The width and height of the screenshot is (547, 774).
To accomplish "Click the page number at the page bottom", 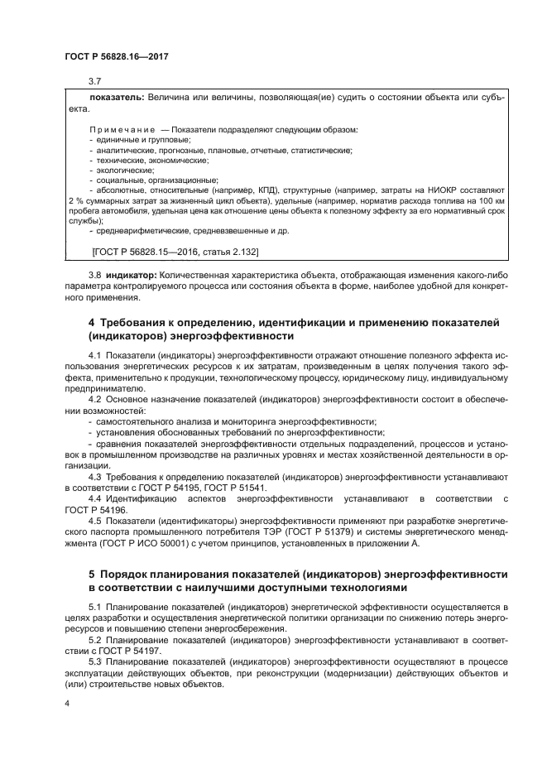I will [x=67, y=704].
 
